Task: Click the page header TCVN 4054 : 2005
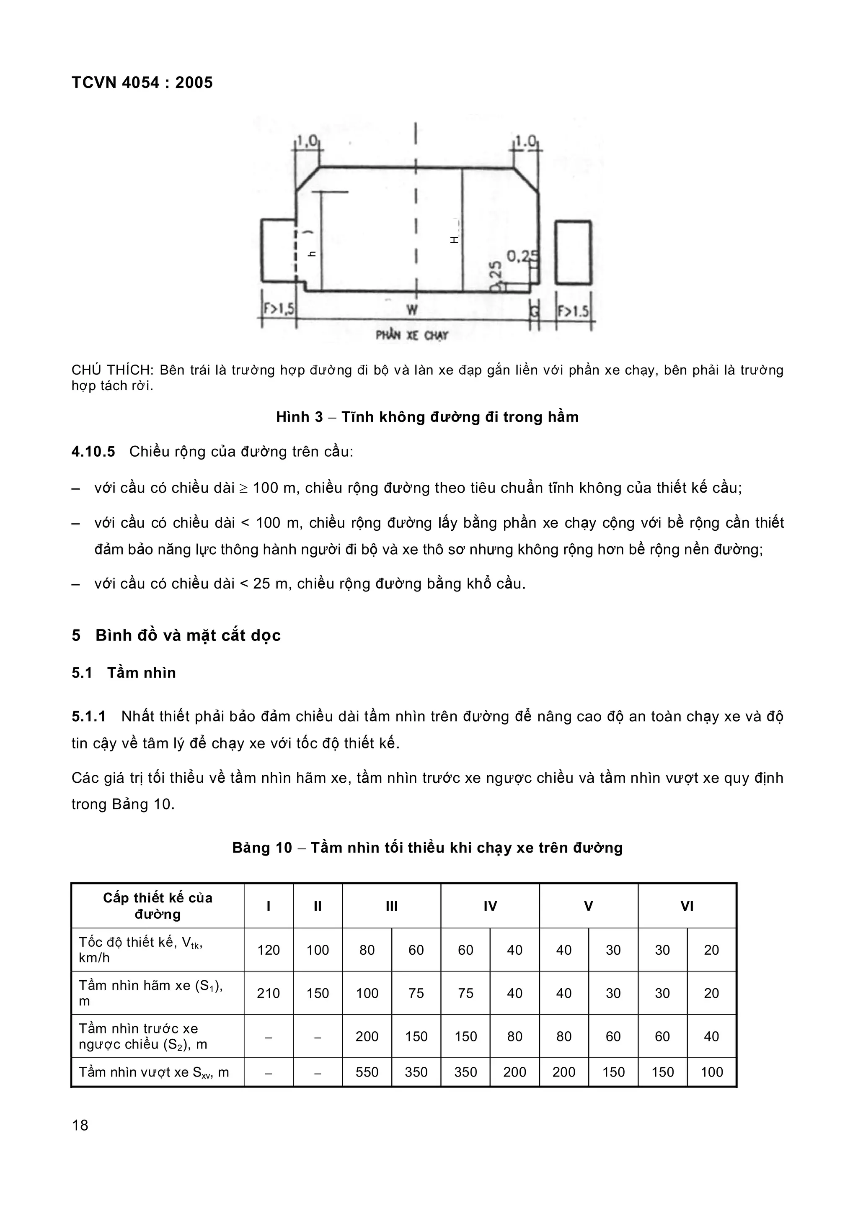coord(142,83)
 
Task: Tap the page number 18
coord(80,1125)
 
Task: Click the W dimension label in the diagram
coord(412,310)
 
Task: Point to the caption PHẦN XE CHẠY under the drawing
coord(412,335)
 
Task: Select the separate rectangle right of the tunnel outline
coord(573,252)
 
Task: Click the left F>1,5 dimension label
coord(279,310)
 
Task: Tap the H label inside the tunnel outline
coord(454,240)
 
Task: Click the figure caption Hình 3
coord(427,417)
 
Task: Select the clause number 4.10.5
coord(93,452)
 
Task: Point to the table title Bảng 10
coord(427,848)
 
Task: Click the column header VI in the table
coord(687,907)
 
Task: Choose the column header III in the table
coord(391,907)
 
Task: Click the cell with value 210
coord(268,994)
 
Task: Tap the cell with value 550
coord(367,1072)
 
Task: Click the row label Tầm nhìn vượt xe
coord(153,1072)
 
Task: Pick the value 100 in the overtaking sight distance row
coord(711,1072)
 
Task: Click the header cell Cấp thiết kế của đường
coord(158,906)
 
